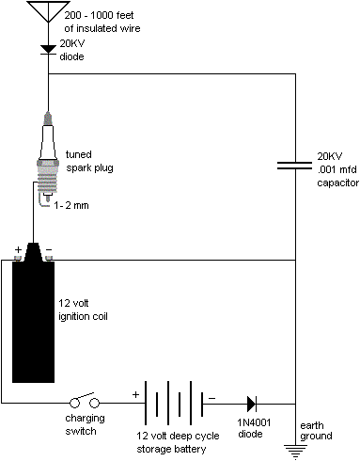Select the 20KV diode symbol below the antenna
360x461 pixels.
point(48,50)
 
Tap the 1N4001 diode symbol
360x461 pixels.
point(252,404)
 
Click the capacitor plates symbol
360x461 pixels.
point(295,166)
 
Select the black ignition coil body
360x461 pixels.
point(33,322)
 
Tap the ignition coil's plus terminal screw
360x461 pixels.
point(18,258)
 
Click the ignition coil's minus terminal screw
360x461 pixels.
point(49,258)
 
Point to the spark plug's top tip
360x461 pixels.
point(48,112)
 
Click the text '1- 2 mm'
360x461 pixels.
point(71,205)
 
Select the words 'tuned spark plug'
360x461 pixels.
point(89,161)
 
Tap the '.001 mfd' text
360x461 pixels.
point(337,169)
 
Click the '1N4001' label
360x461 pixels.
point(254,422)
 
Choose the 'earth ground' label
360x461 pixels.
point(316,431)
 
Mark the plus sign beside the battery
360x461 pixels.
point(135,394)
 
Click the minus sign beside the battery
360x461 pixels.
point(211,398)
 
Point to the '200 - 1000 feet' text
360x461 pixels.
point(99,15)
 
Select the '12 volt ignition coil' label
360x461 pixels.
point(83,310)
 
